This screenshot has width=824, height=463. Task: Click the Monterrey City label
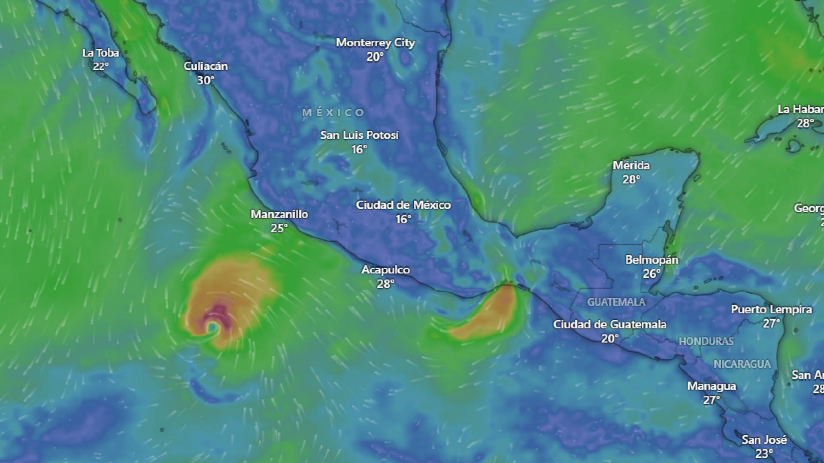[375, 43]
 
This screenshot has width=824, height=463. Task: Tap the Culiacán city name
[206, 66]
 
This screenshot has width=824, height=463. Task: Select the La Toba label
[100, 53]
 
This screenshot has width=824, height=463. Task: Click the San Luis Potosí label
[360, 135]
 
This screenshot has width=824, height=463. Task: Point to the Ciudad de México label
[403, 205]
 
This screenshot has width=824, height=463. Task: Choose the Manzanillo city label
[279, 214]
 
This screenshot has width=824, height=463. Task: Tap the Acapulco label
[385, 270]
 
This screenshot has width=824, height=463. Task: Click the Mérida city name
[631, 165]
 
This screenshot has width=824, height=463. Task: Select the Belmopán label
[651, 260]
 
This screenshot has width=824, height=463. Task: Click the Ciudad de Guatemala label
[609, 325]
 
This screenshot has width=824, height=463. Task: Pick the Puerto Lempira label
[771, 310]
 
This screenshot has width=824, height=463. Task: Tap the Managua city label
[711, 386]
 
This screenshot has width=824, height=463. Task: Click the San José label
[764, 440]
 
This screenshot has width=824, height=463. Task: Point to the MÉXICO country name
[333, 113]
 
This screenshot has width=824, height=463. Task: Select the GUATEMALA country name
[616, 302]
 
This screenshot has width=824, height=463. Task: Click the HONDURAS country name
[706, 342]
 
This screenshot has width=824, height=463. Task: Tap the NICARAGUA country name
[742, 364]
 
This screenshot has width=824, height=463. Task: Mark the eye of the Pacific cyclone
[212, 328]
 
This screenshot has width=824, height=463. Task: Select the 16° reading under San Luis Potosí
[359, 150]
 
